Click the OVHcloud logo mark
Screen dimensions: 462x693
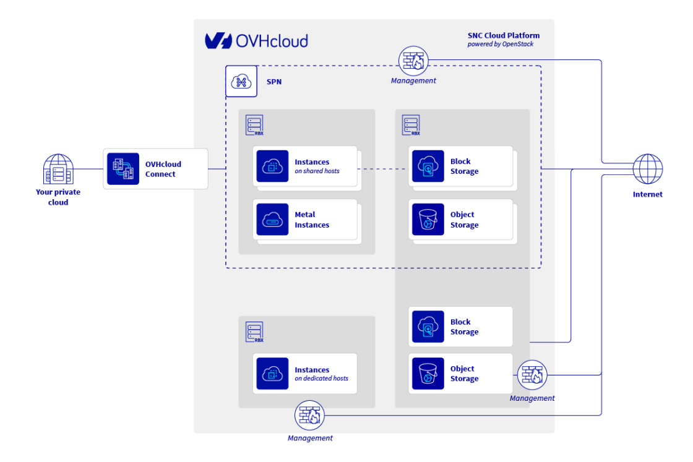218,41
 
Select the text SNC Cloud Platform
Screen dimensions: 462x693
503,36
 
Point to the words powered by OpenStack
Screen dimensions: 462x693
500,45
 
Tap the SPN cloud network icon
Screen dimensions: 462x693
241,81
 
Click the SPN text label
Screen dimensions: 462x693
274,82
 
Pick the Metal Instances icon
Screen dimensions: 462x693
272,220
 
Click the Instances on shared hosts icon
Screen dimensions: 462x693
272,166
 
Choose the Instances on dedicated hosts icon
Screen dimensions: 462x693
272,374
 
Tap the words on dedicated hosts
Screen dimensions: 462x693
321,379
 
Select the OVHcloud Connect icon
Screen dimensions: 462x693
123,169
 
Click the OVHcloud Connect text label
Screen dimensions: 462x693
163,169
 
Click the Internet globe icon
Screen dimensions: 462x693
647,169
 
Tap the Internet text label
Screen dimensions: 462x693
647,194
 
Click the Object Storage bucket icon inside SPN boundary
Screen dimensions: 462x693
428,220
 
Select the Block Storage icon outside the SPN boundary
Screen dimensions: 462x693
428,327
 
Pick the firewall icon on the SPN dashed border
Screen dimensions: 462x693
413,61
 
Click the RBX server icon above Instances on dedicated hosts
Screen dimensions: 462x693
254,332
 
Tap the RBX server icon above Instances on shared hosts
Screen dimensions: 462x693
254,125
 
